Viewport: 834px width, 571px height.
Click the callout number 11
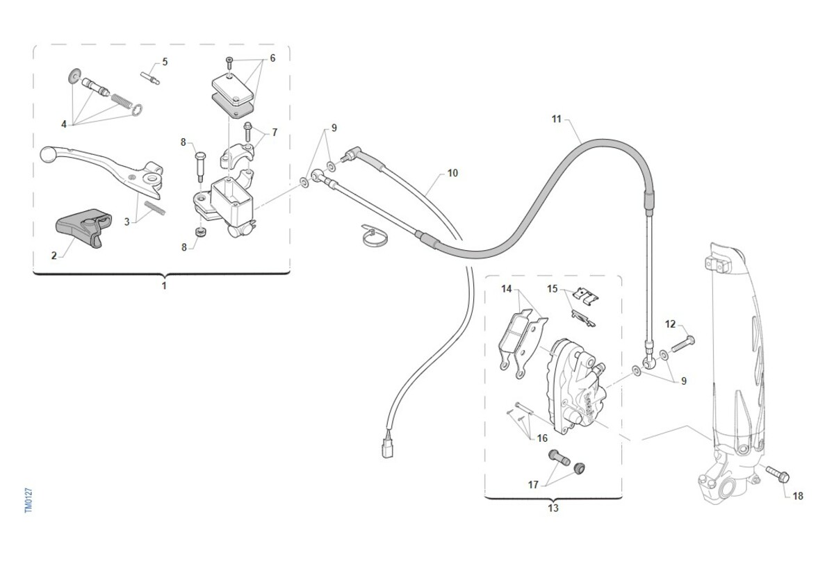556,119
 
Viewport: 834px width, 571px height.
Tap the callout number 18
798,496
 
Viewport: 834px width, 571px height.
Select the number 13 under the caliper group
553,508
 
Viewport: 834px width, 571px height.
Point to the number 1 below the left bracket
164,286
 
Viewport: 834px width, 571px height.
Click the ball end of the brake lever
47,154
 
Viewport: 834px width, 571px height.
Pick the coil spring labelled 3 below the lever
155,208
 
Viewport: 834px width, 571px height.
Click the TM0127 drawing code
29,501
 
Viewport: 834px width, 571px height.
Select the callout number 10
452,173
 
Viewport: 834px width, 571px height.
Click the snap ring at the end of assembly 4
137,109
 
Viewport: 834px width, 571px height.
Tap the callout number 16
542,438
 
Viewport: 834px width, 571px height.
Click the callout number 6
272,58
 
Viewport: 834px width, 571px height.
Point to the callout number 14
507,288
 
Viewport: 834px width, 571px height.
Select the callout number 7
275,133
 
